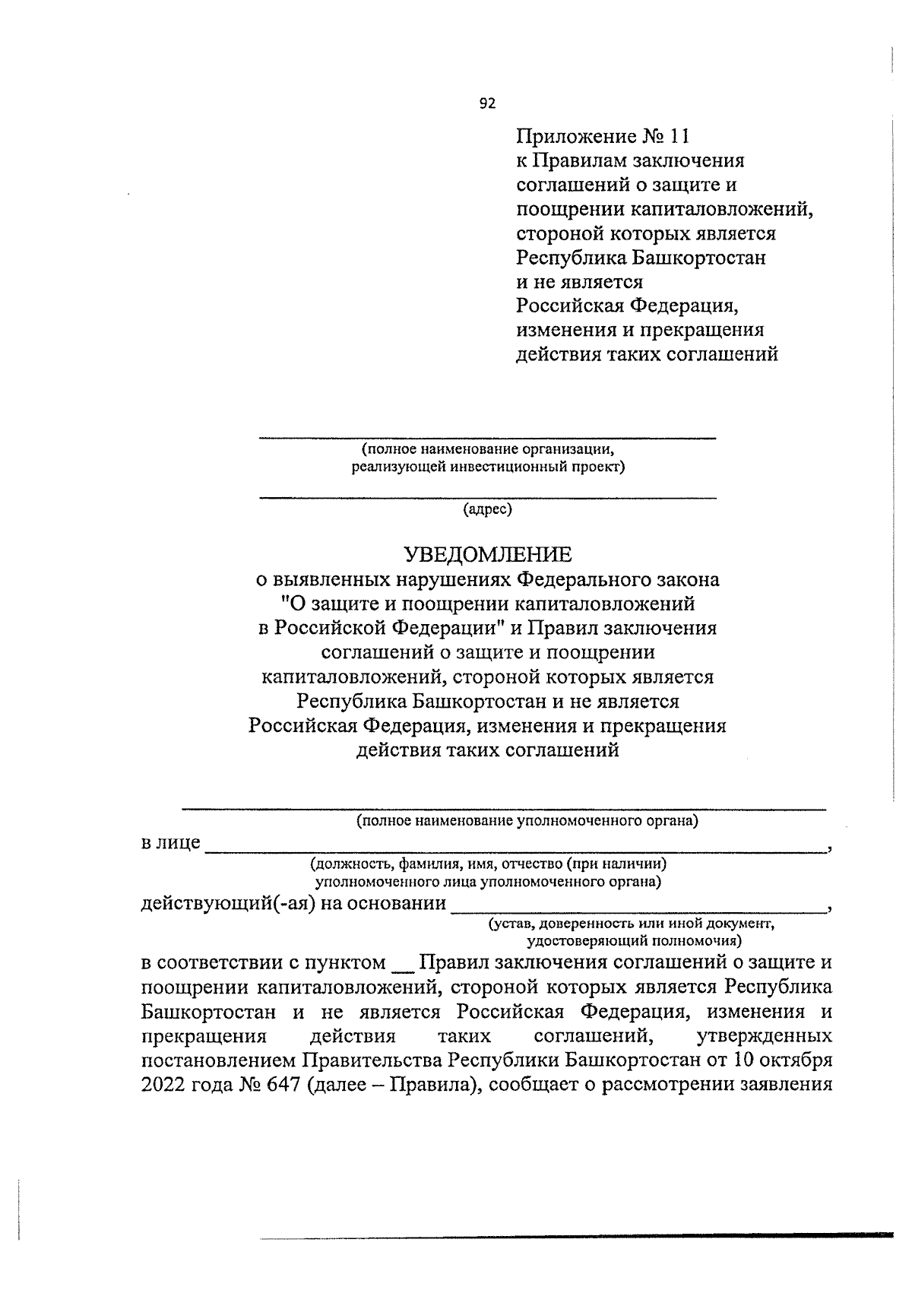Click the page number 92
487,104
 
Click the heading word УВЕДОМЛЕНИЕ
487,554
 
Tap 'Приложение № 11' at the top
603,137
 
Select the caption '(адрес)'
487,509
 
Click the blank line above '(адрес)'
487,498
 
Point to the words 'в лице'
171,842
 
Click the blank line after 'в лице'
517,851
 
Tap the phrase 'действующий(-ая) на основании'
293,903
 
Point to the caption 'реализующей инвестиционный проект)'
487,467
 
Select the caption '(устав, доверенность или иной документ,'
630,924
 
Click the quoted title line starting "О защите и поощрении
487,604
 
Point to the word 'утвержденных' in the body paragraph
763,1036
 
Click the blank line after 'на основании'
638,910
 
